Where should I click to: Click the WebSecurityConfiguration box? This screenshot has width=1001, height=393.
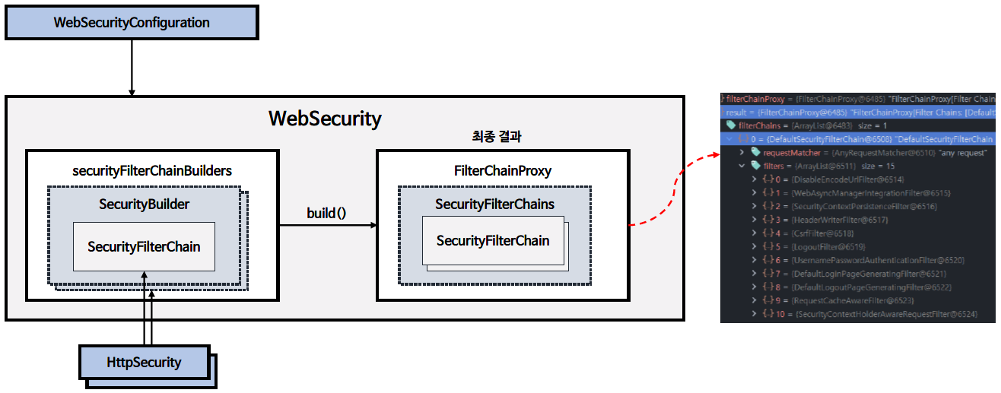tap(132, 23)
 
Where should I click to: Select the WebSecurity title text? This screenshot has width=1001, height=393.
tap(325, 119)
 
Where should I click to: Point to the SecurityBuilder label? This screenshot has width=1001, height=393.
tap(145, 204)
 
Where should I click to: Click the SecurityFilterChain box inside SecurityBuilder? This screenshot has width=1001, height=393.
tap(144, 246)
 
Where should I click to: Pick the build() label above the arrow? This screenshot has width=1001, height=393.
tap(326, 213)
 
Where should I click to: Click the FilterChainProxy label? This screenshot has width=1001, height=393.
tap(502, 171)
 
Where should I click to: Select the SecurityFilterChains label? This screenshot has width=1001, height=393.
tap(494, 204)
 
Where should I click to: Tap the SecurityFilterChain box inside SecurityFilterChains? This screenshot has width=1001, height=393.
tap(493, 241)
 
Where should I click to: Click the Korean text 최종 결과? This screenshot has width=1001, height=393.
tap(497, 138)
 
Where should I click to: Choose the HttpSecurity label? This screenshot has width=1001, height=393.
tap(145, 362)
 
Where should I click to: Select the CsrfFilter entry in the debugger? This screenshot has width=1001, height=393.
tap(822, 233)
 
